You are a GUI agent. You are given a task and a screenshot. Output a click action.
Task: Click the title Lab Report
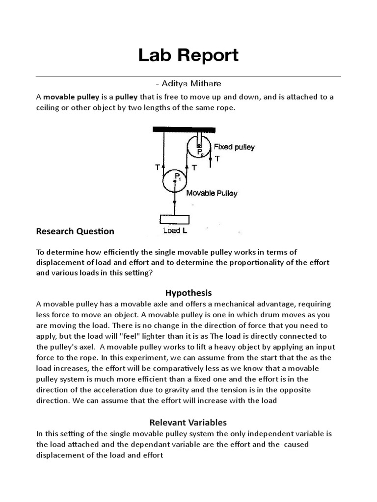point(188,55)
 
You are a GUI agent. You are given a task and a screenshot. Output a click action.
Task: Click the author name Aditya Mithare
point(188,84)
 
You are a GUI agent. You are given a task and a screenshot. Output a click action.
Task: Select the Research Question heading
point(75,231)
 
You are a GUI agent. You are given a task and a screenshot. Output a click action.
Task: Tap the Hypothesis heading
point(188,293)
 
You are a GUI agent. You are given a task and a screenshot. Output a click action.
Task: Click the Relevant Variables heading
point(188,422)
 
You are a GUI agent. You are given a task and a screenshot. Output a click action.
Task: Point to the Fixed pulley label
point(234,147)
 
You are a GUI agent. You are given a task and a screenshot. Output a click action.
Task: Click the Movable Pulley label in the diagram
point(212,193)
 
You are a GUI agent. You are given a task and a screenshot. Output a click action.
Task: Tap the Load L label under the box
point(174,230)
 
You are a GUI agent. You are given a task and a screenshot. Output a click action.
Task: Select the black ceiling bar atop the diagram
point(184,129)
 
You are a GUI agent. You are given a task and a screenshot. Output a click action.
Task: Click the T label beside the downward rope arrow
point(217,158)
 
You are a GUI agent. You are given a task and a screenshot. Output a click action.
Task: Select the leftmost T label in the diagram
point(157,167)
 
